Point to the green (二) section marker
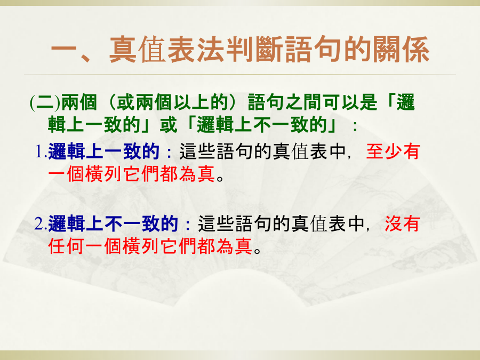[45, 102]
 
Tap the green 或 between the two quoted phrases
[168, 125]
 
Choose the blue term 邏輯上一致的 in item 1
[104, 151]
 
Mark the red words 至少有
[393, 151]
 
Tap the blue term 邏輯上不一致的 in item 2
[113, 224]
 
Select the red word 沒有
[402, 224]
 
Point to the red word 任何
[66, 246]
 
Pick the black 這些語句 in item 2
[235, 224]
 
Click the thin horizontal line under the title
[240, 74]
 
